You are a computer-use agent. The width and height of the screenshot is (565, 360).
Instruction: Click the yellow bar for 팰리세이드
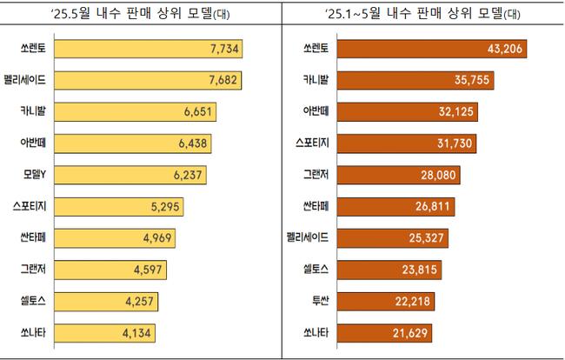click(x=148, y=80)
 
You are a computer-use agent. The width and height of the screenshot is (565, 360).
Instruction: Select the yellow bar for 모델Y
click(x=128, y=174)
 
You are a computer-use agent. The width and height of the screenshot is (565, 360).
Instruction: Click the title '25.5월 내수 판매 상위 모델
click(x=139, y=14)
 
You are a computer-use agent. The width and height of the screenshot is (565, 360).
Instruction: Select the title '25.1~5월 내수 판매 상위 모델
click(x=419, y=14)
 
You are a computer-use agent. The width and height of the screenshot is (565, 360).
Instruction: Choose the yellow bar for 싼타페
click(x=115, y=237)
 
